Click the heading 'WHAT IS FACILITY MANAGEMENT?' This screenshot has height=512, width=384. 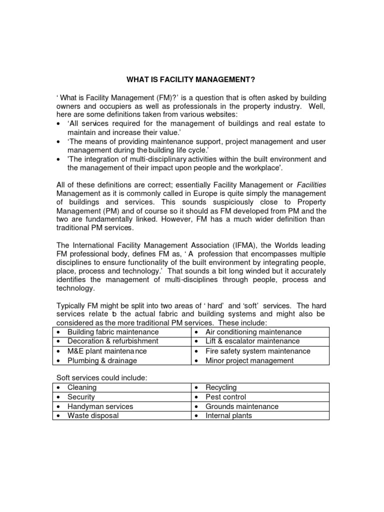pos(191,79)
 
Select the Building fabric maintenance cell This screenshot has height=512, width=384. pos(113,332)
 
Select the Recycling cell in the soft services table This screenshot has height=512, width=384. pos(221,387)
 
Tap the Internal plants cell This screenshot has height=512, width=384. pos(228,415)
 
